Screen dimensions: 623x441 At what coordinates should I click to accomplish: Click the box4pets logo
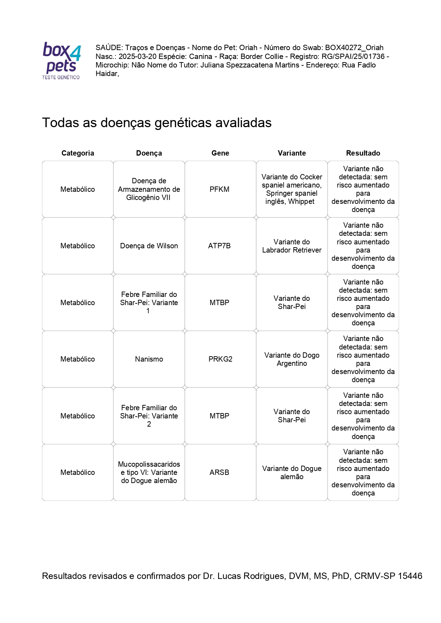61,60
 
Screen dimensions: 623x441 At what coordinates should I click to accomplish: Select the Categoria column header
77,153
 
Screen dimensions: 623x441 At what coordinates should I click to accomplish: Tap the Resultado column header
363,153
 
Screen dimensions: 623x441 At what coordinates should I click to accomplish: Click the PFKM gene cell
219,189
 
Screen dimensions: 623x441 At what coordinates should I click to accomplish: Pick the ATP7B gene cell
219,246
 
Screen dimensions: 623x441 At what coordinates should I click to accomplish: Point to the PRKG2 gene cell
220,359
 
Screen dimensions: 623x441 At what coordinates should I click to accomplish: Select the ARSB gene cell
219,472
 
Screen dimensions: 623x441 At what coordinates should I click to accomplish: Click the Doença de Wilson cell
149,246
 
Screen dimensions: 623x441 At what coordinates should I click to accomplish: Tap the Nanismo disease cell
149,359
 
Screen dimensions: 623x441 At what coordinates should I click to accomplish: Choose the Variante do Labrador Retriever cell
292,246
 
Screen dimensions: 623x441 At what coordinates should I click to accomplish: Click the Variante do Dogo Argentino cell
292,359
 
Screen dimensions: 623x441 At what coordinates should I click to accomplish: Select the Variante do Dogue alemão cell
292,472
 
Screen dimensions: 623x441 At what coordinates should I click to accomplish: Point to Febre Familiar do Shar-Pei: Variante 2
149,416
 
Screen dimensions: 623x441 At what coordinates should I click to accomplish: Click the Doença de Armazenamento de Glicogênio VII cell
149,189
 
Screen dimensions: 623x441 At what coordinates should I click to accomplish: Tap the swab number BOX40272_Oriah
354,48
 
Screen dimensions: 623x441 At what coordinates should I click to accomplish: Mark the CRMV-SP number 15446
410,576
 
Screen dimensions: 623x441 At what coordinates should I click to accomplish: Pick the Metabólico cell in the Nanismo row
77,359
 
